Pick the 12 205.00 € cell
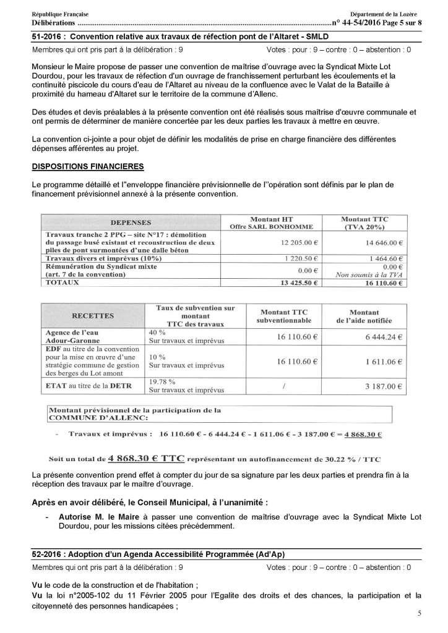click(x=301, y=243)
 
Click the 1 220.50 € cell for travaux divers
click(x=303, y=258)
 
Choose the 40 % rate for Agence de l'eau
click(x=153, y=333)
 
